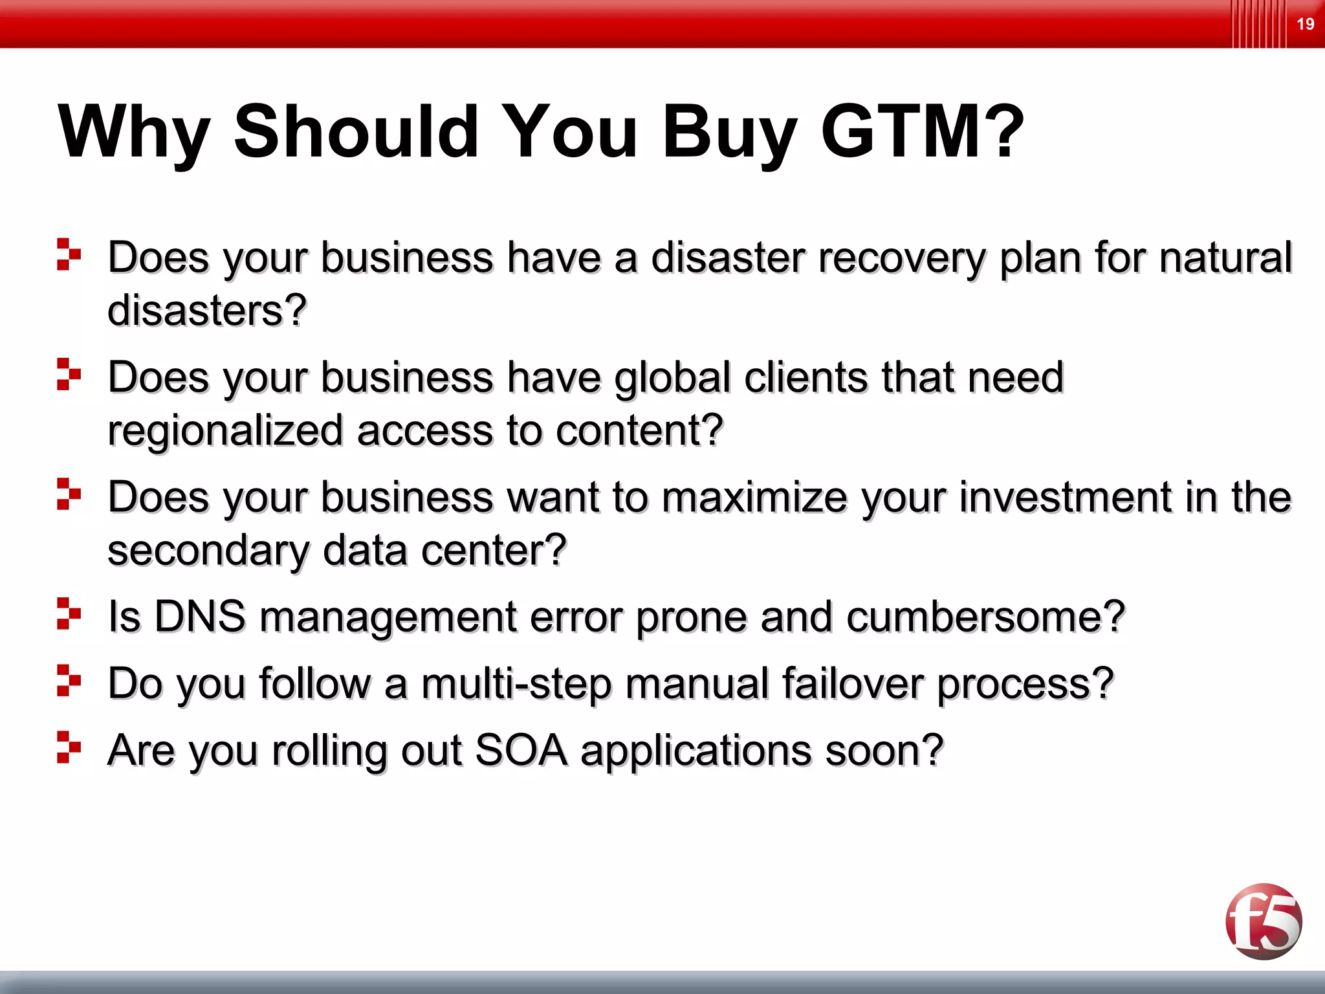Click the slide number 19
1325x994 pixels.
[1305, 25]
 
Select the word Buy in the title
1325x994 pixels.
[729, 133]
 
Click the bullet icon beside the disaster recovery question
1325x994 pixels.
[69, 254]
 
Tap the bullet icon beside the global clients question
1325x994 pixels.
[69, 374]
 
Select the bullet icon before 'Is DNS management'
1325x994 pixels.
[69, 613]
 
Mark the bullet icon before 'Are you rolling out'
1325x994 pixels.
[69, 747]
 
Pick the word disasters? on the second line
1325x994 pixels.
[206, 311]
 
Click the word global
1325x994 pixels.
[672, 378]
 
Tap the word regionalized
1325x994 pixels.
[225, 432]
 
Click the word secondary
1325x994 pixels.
[208, 551]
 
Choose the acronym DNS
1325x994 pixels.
[199, 616]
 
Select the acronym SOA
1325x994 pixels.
[521, 751]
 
